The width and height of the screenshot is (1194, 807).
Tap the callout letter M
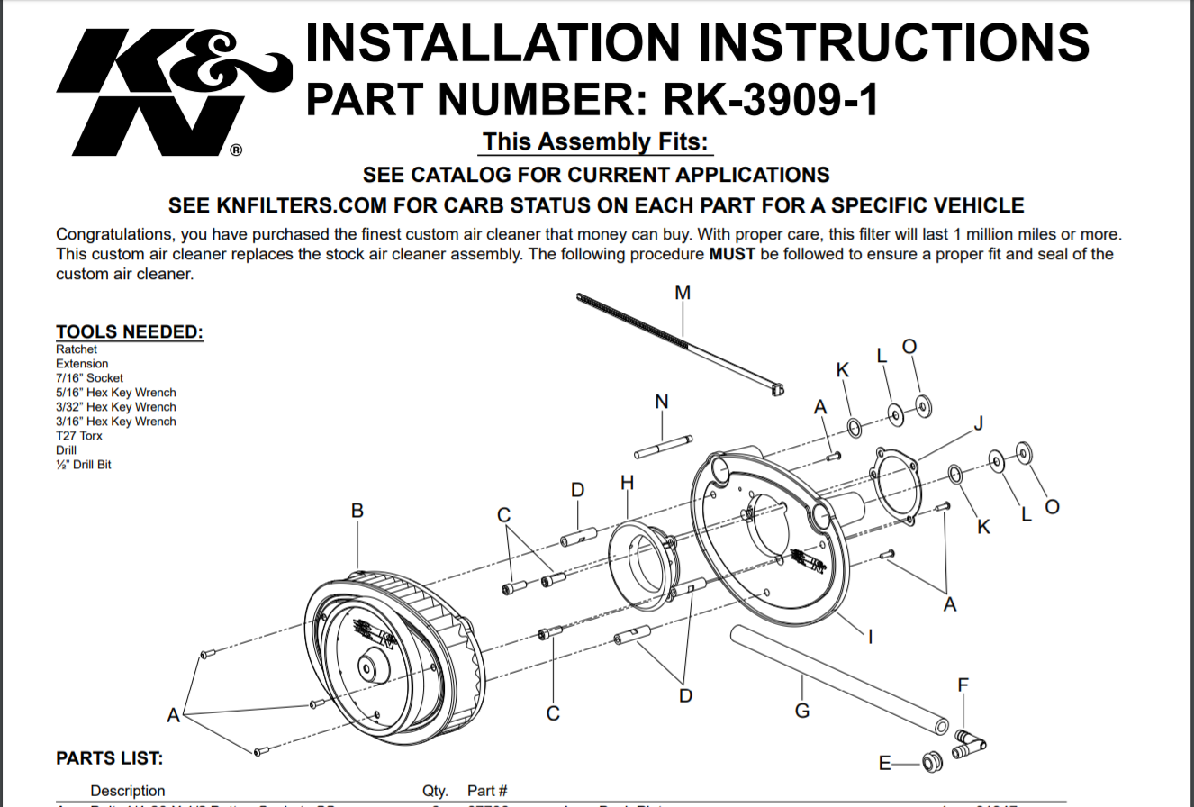[683, 292]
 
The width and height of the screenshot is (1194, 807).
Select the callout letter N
[662, 402]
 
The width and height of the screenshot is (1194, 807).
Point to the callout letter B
[357, 511]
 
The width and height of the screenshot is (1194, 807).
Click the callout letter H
[627, 483]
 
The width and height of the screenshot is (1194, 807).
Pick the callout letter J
[979, 423]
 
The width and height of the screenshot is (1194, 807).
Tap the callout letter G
[802, 711]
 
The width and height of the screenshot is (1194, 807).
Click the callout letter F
[963, 685]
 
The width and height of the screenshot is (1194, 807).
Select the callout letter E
[885, 764]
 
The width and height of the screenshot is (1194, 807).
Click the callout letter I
[871, 636]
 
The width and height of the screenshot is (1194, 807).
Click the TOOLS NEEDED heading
[130, 332]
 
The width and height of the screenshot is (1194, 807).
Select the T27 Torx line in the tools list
[79, 436]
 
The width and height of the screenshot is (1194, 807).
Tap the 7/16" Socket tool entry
[89, 378]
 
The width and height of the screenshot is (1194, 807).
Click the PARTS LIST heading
[110, 758]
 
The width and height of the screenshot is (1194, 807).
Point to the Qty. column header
[436, 791]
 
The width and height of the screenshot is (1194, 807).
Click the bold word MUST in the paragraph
[732, 254]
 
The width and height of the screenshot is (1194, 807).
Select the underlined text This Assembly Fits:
[595, 142]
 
